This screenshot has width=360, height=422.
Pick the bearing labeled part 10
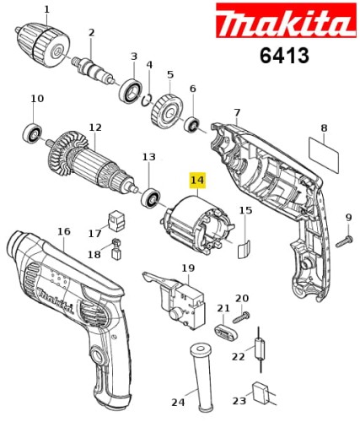(x=34, y=133)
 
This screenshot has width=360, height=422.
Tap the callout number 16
(x=64, y=230)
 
